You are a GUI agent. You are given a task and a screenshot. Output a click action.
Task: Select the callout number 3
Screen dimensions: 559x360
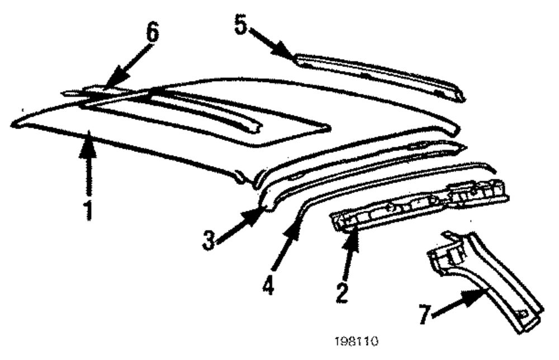(x=209, y=240)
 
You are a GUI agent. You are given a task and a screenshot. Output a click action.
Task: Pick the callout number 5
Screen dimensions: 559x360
(x=240, y=25)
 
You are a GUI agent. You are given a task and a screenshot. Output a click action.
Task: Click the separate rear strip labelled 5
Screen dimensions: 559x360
(x=380, y=73)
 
